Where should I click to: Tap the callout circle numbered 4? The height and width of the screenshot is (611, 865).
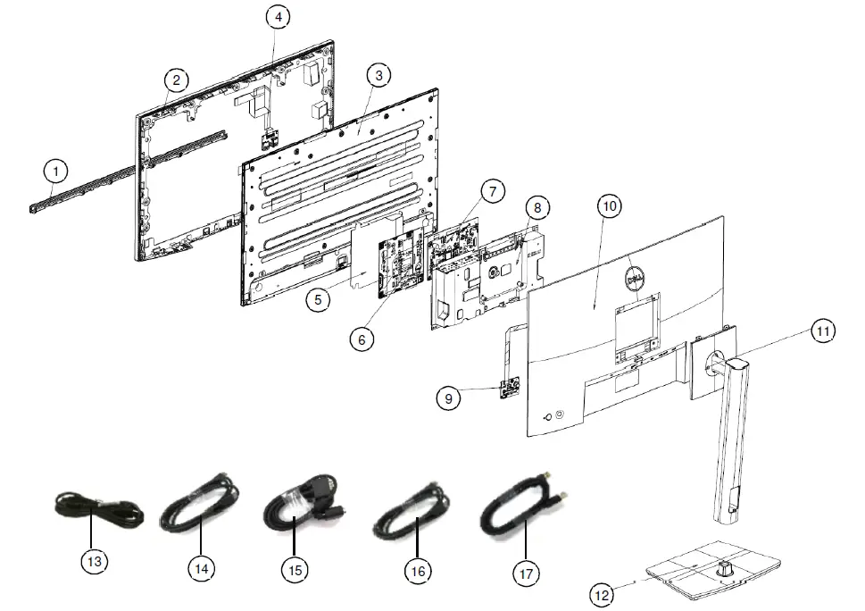pos(279,17)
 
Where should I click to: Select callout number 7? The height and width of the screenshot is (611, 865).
pos(491,190)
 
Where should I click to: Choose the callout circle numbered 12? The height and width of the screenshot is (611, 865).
pos(603,593)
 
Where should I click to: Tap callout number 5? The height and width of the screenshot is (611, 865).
pos(319,299)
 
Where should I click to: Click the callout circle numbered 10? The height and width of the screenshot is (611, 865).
pos(609,205)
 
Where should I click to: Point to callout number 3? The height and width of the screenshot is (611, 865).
pos(378,76)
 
